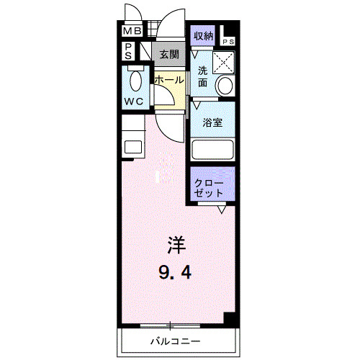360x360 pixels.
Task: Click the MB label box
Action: click(x=132, y=32)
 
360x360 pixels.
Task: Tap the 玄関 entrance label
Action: click(x=168, y=54)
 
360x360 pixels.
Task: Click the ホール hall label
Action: click(x=168, y=81)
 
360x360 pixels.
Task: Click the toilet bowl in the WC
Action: click(x=134, y=78)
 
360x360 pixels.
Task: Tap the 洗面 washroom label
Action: click(x=203, y=76)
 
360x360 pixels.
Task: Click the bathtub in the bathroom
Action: click(x=213, y=150)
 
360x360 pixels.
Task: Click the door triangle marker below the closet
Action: click(x=222, y=210)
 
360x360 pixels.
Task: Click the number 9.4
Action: click(x=176, y=272)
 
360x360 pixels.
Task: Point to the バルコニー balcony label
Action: click(x=175, y=341)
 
